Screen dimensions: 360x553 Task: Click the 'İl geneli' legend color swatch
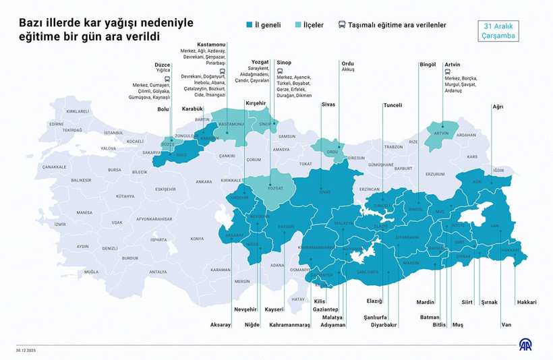[x=250, y=25]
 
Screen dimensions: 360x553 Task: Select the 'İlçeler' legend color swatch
[x=298, y=25]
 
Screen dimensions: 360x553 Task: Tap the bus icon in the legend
[x=342, y=25]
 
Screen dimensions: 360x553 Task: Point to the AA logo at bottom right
[x=525, y=344]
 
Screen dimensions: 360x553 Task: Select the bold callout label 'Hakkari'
[x=527, y=303]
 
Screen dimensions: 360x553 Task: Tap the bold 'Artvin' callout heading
[x=453, y=64]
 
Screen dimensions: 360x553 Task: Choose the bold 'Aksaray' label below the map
[x=221, y=325]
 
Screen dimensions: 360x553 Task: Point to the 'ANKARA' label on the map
[x=204, y=181]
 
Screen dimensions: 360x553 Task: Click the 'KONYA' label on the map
[x=197, y=239]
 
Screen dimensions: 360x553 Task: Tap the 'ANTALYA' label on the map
[x=157, y=272]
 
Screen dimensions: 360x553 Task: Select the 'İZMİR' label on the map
[x=61, y=224]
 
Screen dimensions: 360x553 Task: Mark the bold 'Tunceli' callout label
[x=392, y=105]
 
